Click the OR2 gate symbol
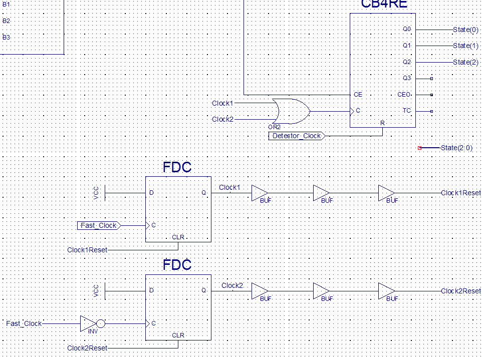pos(291,111)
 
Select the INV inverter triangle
pos(88,323)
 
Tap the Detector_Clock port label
pos(296,136)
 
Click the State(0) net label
pos(465,30)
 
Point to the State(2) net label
pos(465,62)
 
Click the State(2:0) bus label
pos(456,148)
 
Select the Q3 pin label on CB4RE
pos(406,78)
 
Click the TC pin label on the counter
pos(407,111)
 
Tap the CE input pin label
pos(358,95)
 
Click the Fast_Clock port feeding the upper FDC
pos(98,225)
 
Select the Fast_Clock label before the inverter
pos(24,323)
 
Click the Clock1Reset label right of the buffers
pos(460,193)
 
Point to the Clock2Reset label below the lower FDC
pos(87,348)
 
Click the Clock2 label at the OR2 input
pos(222,119)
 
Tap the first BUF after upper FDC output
pos(259,193)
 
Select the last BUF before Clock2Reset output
pos(386,291)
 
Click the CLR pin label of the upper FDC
pos(178,237)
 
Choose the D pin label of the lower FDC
pos(151,290)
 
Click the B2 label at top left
pos(6,21)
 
